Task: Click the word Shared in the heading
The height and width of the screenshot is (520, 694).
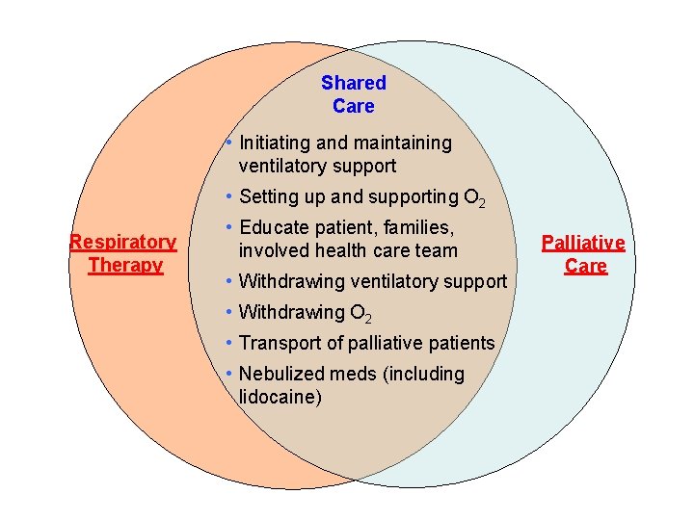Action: point(353,84)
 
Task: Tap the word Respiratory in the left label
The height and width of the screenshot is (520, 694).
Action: point(122,242)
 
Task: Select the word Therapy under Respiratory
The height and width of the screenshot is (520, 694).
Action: point(125,265)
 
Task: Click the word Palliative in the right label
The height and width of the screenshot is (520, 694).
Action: point(583,243)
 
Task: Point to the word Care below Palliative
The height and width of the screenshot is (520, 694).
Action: point(585,266)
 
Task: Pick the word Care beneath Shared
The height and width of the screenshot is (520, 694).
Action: point(353,106)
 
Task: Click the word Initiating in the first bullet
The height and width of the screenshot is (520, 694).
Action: point(275,143)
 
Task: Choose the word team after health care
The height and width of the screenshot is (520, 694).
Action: point(437,250)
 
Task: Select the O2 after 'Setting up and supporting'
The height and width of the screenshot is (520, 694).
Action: point(474,198)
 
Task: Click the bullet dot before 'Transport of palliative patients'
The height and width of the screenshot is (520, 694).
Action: point(227,342)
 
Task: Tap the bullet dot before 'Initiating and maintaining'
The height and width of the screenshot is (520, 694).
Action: point(227,143)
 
